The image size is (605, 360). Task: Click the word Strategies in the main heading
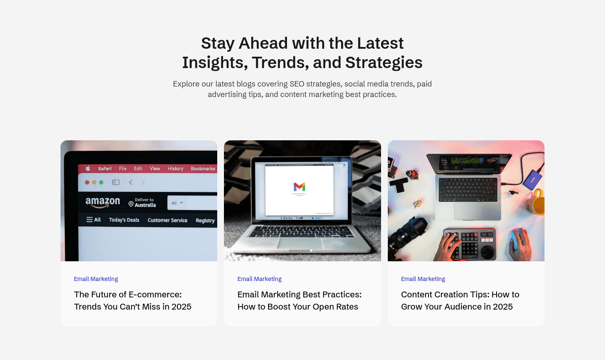(384, 63)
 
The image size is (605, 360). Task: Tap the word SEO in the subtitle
(297, 84)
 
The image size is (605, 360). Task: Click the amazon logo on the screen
(103, 202)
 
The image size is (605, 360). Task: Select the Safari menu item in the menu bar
(105, 168)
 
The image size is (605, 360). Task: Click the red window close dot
(87, 182)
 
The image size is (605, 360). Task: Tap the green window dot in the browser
(101, 182)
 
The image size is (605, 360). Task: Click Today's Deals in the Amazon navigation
(124, 220)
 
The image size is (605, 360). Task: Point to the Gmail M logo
(299, 187)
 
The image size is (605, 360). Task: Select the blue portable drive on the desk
(533, 179)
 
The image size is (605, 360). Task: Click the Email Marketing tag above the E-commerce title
(96, 279)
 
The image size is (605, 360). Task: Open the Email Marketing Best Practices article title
(300, 300)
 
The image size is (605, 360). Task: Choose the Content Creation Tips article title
(460, 300)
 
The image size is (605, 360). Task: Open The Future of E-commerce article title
(133, 300)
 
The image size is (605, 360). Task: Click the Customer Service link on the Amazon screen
(168, 220)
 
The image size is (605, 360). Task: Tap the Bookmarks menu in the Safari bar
(203, 168)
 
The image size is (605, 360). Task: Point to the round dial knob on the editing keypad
(487, 252)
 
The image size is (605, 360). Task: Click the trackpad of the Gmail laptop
(300, 243)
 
